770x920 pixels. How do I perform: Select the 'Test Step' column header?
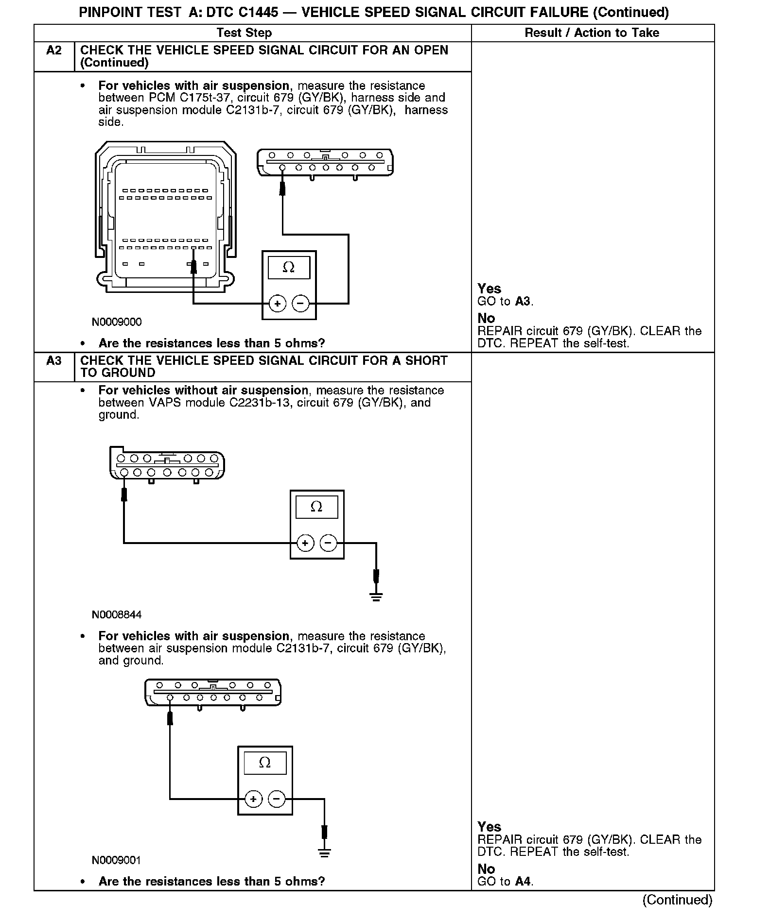(x=244, y=33)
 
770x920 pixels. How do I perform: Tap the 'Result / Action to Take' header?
(x=592, y=33)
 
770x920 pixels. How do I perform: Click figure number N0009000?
(x=117, y=322)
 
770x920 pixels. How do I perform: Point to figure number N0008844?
(x=117, y=615)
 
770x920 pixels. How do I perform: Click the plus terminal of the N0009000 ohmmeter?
(x=278, y=304)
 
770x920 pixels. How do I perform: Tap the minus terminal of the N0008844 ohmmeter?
(x=329, y=543)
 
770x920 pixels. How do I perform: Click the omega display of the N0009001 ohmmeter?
(x=265, y=763)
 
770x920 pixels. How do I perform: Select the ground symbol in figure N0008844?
(x=376, y=596)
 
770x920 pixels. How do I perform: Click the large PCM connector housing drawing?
(x=165, y=217)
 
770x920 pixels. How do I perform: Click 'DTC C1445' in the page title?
(x=242, y=12)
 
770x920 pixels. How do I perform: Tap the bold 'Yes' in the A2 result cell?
(x=489, y=289)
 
